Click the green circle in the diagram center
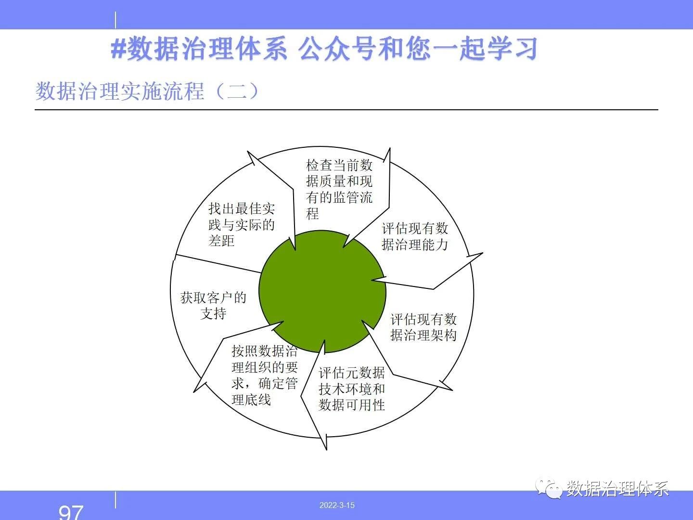(322, 291)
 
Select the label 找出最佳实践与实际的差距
(242, 225)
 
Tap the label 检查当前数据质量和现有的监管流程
(339, 189)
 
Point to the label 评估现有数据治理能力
(414, 236)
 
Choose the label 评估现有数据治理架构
(423, 327)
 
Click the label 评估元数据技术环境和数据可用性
(352, 389)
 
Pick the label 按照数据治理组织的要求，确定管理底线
(265, 375)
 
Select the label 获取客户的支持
(213, 305)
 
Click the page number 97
(71, 512)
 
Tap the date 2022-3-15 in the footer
(337, 505)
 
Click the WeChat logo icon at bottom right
(549, 488)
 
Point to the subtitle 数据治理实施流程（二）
(147, 91)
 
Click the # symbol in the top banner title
(119, 50)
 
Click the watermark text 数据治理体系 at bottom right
(617, 489)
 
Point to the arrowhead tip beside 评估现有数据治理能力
(482, 253)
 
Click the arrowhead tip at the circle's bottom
(326, 450)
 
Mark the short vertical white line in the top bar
(115, 20)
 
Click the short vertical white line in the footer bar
(115, 500)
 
